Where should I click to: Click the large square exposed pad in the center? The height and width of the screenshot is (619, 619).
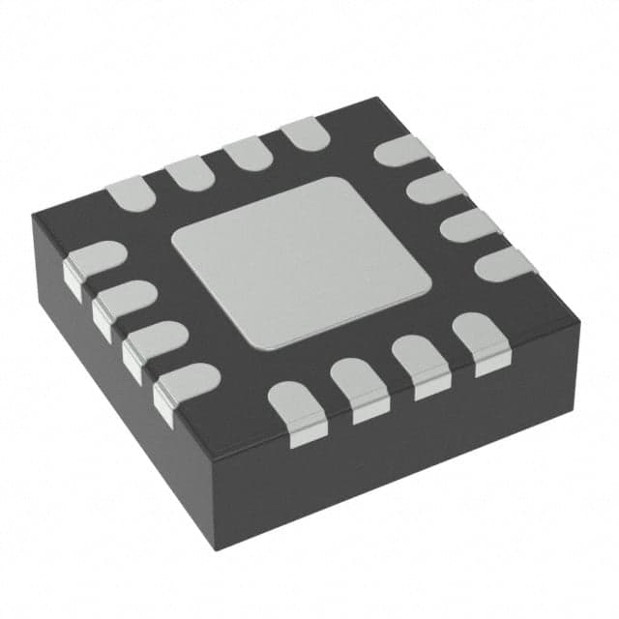coord(301,262)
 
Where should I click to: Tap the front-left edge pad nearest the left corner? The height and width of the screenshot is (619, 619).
coord(92,262)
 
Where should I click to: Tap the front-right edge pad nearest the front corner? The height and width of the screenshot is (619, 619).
coord(294,407)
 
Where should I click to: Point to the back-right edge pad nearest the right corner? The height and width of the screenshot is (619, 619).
coord(505,262)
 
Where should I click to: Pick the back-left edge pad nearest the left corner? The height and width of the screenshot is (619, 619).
coord(130,193)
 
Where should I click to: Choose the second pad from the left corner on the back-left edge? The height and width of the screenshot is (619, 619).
coord(190,173)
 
